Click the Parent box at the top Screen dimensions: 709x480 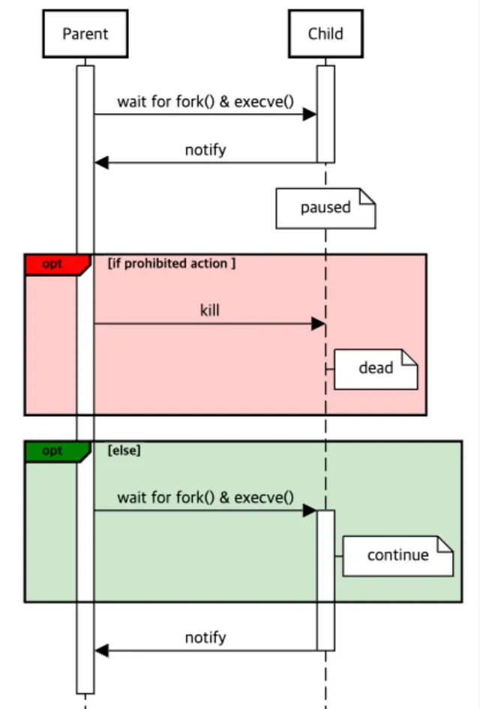(x=85, y=34)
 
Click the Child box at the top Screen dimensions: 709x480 (x=325, y=34)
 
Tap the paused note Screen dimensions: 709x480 (x=325, y=208)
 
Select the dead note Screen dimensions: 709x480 (x=375, y=368)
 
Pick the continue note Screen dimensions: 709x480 (x=397, y=555)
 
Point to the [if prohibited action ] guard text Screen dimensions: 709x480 (x=172, y=264)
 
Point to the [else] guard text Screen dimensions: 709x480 (x=124, y=451)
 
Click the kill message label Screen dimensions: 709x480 (x=210, y=310)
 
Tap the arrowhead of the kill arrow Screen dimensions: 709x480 (x=318, y=324)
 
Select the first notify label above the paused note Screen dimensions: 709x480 (x=205, y=150)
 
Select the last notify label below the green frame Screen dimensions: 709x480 (x=205, y=638)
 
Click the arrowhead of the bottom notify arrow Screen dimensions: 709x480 (x=102, y=651)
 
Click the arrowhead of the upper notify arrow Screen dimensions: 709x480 (x=102, y=163)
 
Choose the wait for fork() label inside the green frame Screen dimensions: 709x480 (x=205, y=498)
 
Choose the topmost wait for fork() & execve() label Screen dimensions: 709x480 (x=205, y=101)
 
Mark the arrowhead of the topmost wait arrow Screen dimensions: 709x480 (x=309, y=114)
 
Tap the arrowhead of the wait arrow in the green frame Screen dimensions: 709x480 (x=309, y=510)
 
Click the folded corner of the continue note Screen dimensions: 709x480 (x=445, y=545)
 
